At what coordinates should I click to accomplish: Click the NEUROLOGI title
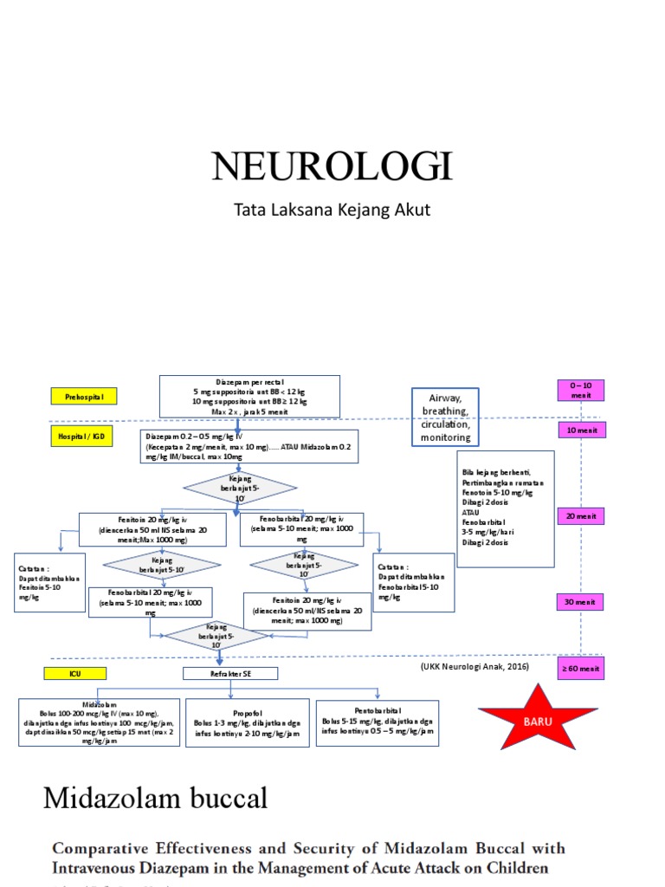[332, 166]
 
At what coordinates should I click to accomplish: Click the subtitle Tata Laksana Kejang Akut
[332, 210]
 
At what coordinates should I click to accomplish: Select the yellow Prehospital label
[83, 397]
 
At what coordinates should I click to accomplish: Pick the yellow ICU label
[76, 673]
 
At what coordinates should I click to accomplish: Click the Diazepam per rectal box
[249, 397]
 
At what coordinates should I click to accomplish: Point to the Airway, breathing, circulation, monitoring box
[445, 417]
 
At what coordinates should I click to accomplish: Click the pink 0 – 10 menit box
[581, 390]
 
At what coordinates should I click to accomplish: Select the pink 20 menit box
[581, 516]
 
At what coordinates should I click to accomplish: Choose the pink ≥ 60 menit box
[581, 669]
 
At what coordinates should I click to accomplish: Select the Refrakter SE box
[230, 673]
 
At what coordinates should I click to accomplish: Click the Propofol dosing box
[247, 722]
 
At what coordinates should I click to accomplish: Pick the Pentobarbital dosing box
[377, 722]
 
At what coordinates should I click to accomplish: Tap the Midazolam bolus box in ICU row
[100, 722]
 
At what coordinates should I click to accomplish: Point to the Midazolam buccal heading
[156, 798]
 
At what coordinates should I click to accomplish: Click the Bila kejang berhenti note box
[506, 508]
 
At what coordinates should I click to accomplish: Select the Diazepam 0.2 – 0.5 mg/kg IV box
[249, 446]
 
